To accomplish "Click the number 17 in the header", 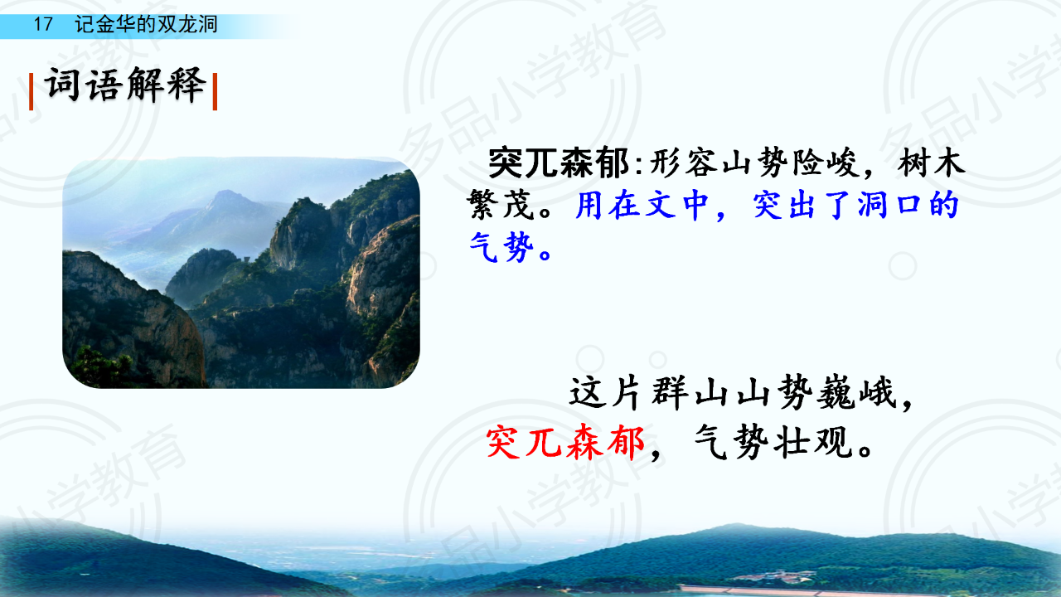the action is [42, 24].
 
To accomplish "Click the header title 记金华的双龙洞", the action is [146, 24].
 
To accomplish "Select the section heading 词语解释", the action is [125, 85].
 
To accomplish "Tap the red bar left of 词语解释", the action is [31, 91].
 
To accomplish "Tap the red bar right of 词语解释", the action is [215, 91].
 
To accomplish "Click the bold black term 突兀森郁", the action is [559, 163].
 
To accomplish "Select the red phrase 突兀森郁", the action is [565, 443].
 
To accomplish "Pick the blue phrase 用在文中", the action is [642, 205].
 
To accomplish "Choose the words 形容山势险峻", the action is [754, 163].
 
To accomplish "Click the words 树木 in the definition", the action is [931, 163].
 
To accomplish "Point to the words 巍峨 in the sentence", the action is [856, 393].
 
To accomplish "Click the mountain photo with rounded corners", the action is [241, 273].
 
